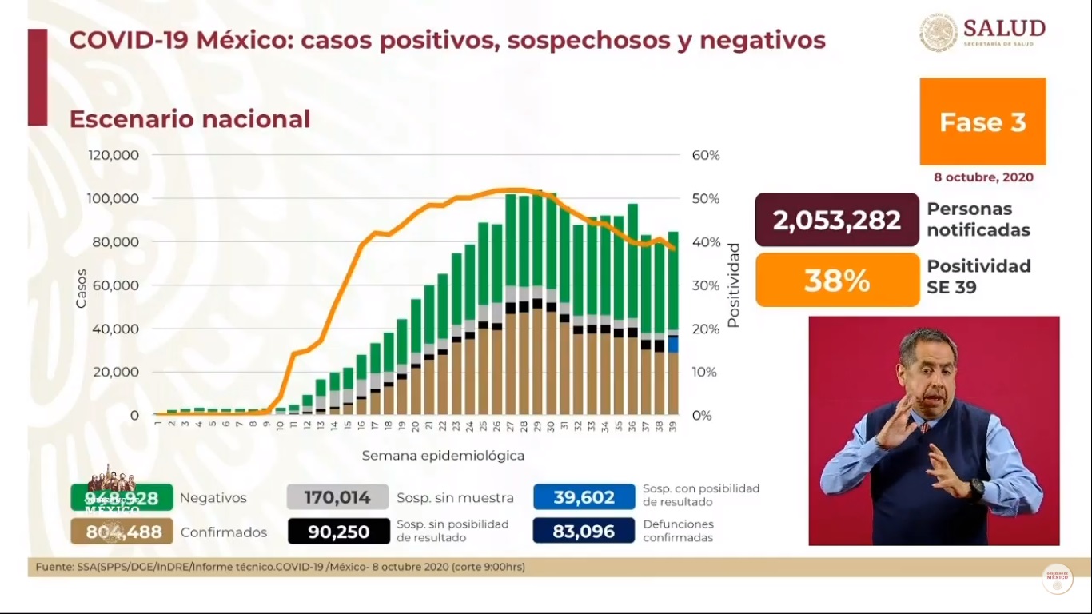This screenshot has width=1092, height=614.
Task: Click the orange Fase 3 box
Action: point(982,122)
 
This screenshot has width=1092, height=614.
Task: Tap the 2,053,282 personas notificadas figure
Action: point(837,220)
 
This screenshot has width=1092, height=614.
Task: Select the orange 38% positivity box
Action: point(837,280)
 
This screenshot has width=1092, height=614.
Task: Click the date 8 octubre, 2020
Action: point(982,177)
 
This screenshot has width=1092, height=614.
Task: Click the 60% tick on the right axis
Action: point(706,155)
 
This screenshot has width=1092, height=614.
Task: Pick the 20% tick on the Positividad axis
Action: point(706,329)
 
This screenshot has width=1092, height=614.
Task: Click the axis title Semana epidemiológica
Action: point(443,456)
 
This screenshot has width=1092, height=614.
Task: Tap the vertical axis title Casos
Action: point(82,289)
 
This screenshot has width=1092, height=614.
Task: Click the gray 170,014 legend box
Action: point(337,497)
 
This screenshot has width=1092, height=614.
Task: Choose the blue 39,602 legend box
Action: point(584,497)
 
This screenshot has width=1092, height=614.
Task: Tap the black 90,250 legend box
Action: point(337,532)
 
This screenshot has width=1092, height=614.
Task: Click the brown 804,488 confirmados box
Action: point(122,532)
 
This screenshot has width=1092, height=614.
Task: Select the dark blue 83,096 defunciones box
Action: point(584,532)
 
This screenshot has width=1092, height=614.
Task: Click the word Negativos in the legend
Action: point(213,498)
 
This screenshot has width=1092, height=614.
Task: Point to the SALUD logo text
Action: point(1004,29)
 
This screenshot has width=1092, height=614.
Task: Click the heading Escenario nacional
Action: point(189,119)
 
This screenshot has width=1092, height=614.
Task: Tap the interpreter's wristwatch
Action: point(976,488)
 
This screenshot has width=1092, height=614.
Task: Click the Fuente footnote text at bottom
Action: point(280,567)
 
